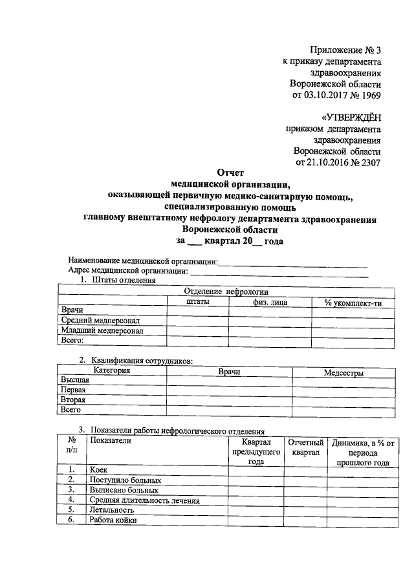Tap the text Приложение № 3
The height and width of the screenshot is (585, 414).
coord(345,50)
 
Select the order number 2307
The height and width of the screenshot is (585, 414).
coord(367,162)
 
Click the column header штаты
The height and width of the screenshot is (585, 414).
coord(197,301)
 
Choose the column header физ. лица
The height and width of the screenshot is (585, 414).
coord(270,301)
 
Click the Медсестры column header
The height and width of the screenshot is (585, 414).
coord(343,373)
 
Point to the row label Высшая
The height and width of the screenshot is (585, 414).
coord(75,381)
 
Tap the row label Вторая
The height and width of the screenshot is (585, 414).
coord(73,399)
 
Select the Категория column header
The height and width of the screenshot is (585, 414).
coord(112,371)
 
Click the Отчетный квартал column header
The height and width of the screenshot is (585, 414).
coord(305,447)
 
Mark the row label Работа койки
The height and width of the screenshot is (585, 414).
coord(113,519)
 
